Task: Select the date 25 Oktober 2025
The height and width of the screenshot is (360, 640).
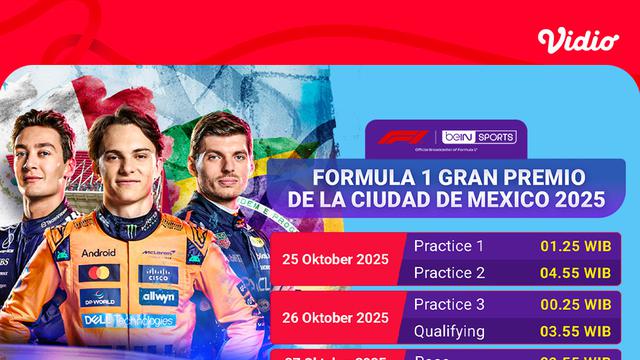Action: pos(335,257)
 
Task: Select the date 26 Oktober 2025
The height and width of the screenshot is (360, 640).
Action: pos(335,317)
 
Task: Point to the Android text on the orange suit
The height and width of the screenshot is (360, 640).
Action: pos(98,253)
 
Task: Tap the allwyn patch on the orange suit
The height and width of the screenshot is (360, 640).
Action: pos(158,297)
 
